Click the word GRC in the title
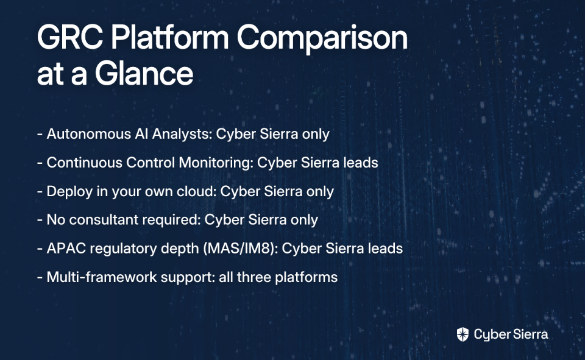coord(70,37)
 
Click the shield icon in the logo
coord(463,334)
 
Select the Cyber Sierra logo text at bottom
coord(511,334)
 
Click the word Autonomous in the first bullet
coord(89,134)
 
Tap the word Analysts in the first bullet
coord(182,134)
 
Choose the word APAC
coord(66,249)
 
